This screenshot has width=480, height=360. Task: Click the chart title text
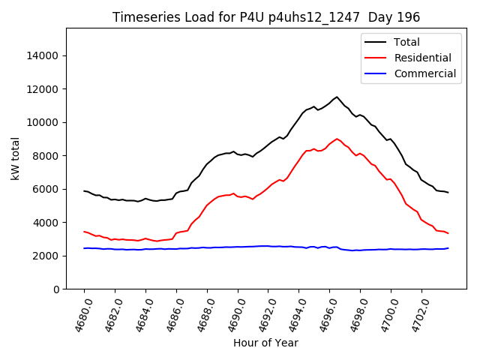tap(265, 16)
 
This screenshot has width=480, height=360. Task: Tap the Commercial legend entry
tap(424, 73)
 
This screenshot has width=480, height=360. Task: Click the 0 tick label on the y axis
tap(56, 289)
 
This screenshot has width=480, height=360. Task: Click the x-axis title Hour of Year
tap(265, 343)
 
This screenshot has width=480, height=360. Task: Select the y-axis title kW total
tap(16, 159)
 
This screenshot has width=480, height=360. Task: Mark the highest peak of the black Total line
tap(337, 97)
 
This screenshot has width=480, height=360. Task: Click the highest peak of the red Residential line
tap(337, 139)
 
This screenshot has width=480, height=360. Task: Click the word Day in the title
tap(381, 16)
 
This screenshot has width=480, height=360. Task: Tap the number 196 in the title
tap(409, 16)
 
